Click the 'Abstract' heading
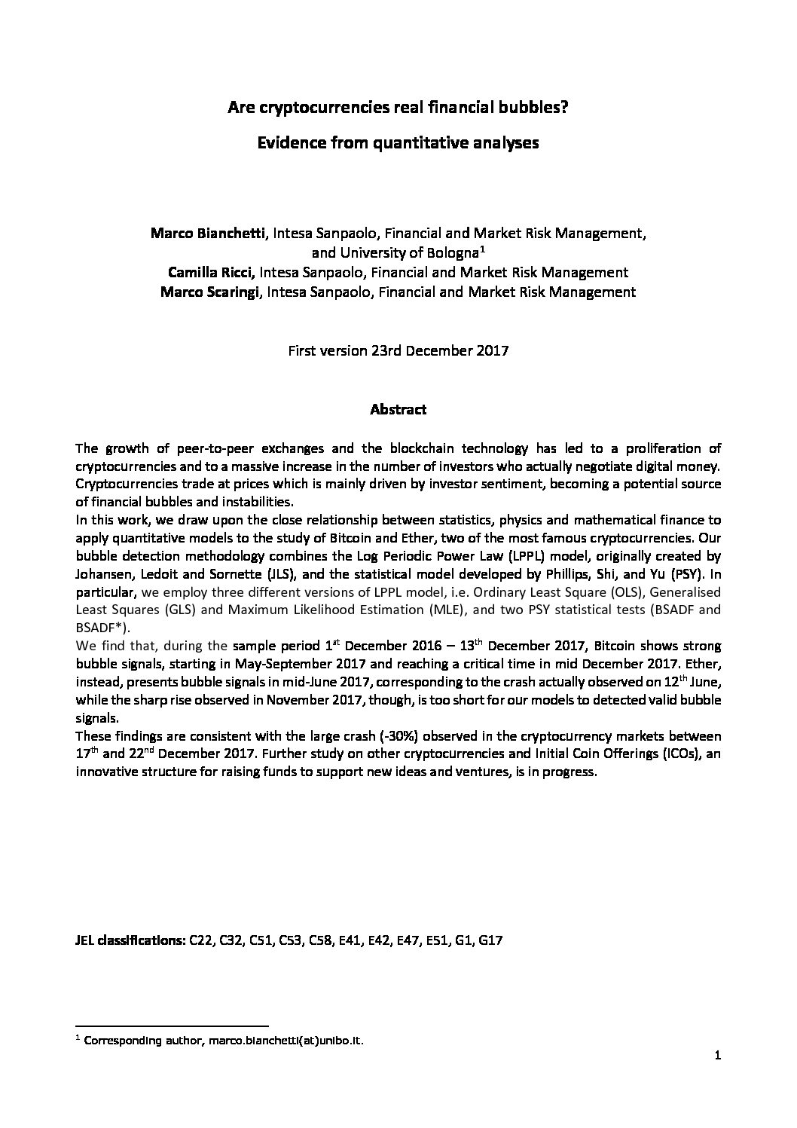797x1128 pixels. point(398,410)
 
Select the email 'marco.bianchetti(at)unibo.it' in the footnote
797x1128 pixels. point(293,1041)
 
